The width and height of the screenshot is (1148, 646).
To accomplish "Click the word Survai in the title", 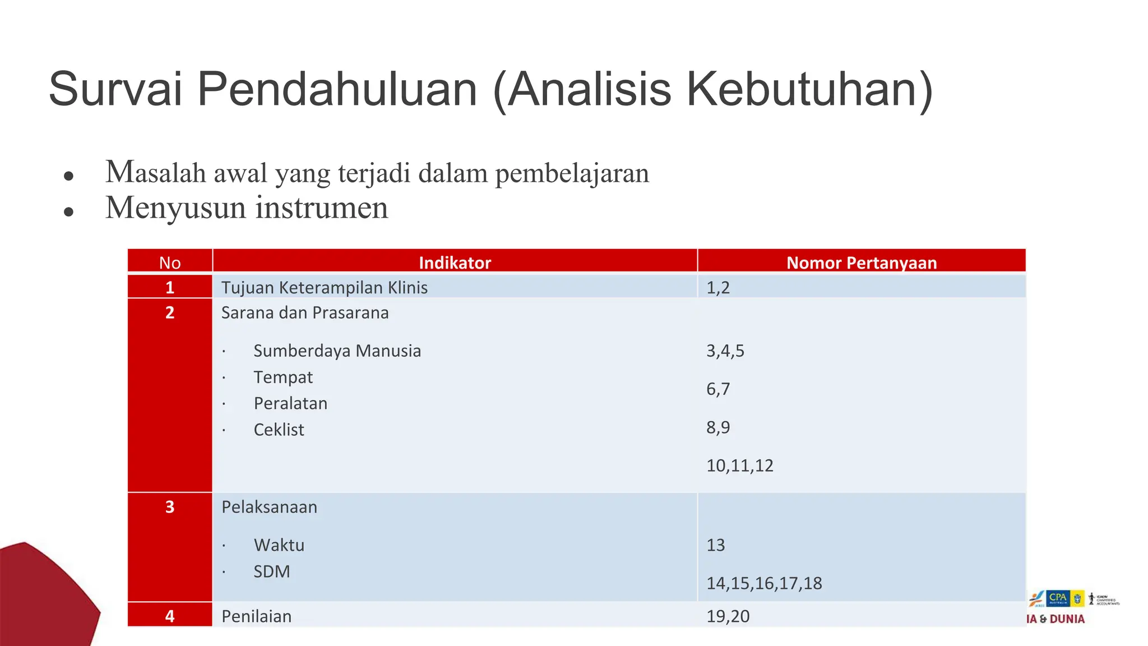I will (x=115, y=90).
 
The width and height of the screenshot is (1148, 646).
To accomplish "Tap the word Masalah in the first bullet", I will (x=156, y=172).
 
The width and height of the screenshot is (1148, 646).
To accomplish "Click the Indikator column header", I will (x=455, y=262).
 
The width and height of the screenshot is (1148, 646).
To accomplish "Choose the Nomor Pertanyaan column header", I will (x=862, y=262).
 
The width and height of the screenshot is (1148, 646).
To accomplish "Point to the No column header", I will (x=170, y=262).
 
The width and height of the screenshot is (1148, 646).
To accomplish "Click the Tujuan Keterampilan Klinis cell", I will (x=324, y=288).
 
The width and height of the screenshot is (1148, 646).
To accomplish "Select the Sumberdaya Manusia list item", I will (x=337, y=351).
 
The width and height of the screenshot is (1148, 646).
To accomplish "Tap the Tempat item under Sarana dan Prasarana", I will (x=283, y=377).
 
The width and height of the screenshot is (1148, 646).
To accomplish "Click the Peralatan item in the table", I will (x=290, y=404).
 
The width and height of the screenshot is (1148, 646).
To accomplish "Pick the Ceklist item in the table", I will (x=279, y=430).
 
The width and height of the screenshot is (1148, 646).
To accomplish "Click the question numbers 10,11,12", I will (x=739, y=465).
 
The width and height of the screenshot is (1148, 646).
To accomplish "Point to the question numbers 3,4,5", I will (x=725, y=351).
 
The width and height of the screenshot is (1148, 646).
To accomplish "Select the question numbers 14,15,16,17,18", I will (x=764, y=583).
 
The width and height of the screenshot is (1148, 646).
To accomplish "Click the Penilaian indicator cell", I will (x=256, y=616).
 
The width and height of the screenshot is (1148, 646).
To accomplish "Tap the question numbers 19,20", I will (x=728, y=616).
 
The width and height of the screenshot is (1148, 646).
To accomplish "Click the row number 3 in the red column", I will (x=170, y=507).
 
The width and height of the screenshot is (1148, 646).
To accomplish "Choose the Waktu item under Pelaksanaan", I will (x=279, y=545).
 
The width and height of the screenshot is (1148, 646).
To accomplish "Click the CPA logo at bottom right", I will (x=1058, y=598).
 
